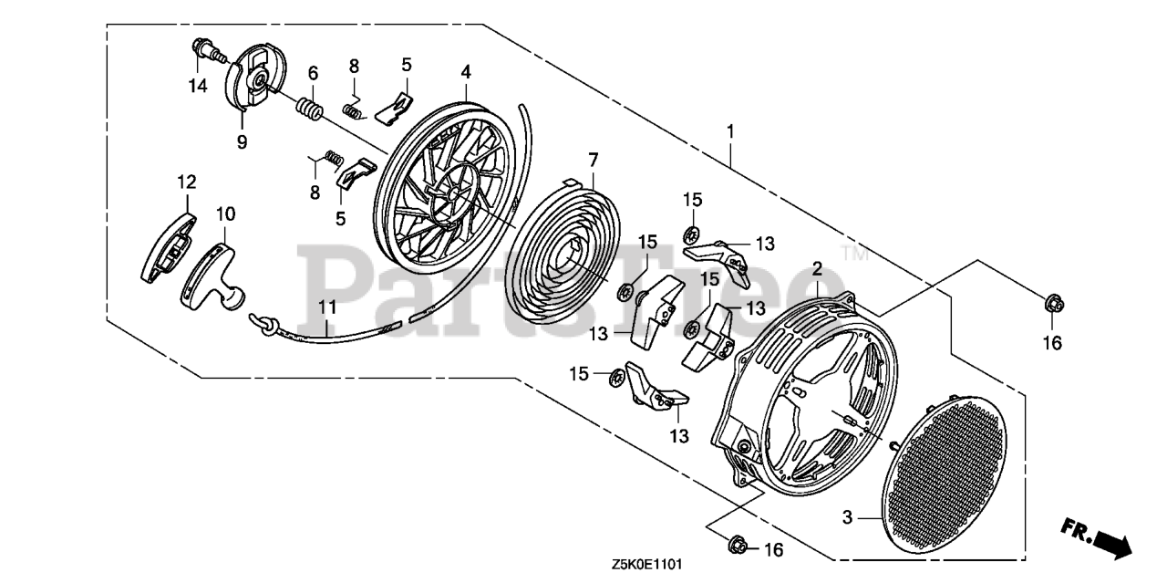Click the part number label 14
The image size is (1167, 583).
(x=198, y=87)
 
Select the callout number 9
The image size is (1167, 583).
(x=242, y=141)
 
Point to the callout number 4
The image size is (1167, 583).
(x=465, y=71)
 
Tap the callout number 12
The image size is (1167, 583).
(x=186, y=182)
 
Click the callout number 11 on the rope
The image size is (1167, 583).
(x=327, y=307)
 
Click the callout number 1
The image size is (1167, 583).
(x=730, y=131)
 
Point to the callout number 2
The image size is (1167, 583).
(x=818, y=269)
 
